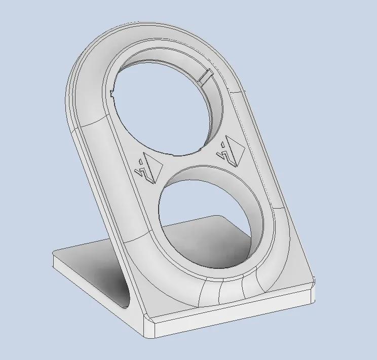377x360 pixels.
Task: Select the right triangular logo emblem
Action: pos(231,150)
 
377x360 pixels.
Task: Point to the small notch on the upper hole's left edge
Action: pos(112,93)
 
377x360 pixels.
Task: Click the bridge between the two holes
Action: pos(187,159)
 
